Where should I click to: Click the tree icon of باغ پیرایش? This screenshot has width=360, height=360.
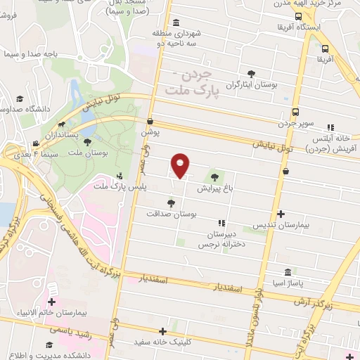point(214,177)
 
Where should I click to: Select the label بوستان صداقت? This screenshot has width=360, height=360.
point(171,212)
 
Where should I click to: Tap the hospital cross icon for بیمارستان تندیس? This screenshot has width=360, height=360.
point(281,214)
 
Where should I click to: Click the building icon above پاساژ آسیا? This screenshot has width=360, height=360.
point(288,272)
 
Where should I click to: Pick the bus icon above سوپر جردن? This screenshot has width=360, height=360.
point(295,112)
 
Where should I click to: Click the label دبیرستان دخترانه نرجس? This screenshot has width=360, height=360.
point(223,239)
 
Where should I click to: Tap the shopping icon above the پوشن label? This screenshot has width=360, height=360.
point(150,121)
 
